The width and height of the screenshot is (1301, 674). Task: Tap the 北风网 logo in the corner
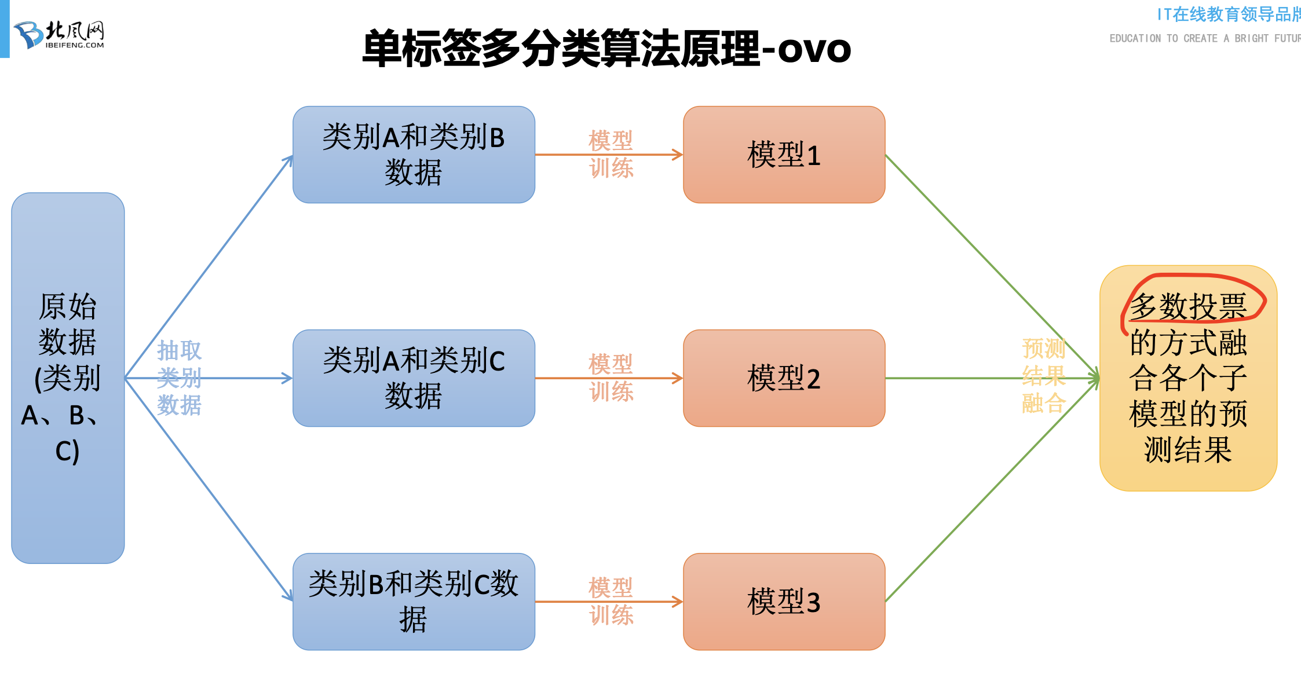(59, 35)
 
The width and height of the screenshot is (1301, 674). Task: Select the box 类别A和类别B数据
(414, 155)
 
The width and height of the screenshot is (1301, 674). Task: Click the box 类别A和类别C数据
(414, 378)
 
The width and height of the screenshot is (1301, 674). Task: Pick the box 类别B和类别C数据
(414, 602)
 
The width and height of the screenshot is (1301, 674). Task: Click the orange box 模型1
(784, 155)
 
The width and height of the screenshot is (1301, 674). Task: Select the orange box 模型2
(784, 378)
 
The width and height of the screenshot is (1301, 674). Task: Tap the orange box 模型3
(784, 602)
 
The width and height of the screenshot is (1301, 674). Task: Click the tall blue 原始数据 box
(68, 378)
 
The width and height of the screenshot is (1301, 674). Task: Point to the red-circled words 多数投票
(1187, 306)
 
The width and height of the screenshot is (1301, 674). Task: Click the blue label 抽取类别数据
(179, 378)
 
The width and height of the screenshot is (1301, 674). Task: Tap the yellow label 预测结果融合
(1043, 376)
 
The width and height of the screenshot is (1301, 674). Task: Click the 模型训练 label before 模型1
(611, 154)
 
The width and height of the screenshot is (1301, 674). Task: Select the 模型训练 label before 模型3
(611, 601)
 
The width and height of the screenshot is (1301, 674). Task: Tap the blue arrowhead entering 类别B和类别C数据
(289, 596)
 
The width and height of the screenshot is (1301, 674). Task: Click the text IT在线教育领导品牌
(1228, 14)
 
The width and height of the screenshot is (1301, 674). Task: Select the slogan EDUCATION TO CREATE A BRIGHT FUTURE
(1205, 38)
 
